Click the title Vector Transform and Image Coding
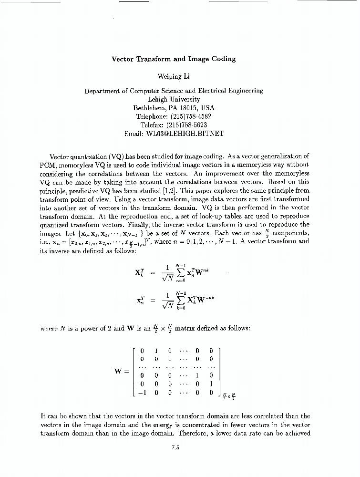click(174, 59)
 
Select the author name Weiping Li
click(174, 76)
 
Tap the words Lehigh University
click(174, 99)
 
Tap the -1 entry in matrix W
click(142, 393)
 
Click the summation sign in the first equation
click(180, 274)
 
